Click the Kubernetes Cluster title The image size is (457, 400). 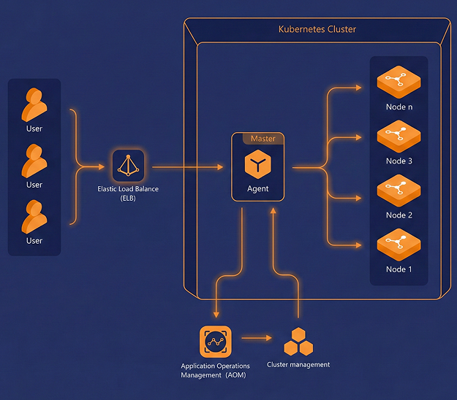pos(317,30)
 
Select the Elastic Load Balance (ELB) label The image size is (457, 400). pos(128,193)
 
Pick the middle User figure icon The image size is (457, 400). pos(34,161)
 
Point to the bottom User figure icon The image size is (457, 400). pos(34,217)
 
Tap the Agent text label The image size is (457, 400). pos(257,189)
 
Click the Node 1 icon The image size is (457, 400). pos(399,245)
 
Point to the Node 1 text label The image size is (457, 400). pos(399,269)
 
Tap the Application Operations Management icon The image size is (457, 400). pos(215,341)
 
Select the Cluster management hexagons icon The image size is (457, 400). pos(298,340)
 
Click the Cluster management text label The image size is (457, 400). pos(298,364)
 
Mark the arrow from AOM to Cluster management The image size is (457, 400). pos(256,339)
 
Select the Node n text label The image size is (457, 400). pos(399,107)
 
